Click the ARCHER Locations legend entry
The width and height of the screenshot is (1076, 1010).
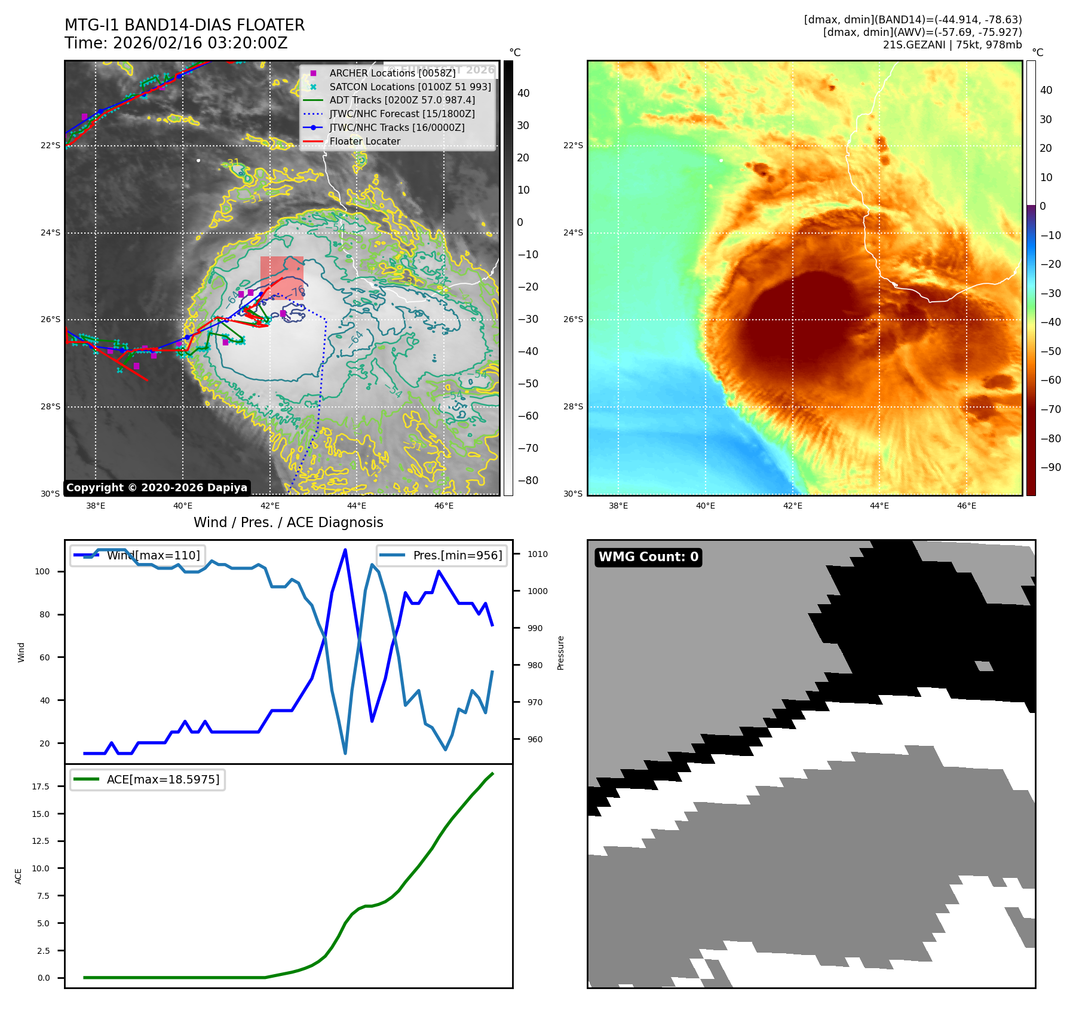392,73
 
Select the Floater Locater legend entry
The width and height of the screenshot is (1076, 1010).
364,141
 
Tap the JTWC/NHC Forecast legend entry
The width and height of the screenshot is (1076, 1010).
402,114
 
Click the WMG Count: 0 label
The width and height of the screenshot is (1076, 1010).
648,557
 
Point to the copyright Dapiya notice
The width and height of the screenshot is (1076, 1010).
157,488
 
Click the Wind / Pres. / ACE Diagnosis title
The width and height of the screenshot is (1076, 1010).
288,522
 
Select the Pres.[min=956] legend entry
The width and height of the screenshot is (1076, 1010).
457,555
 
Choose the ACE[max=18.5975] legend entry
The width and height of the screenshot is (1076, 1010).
163,779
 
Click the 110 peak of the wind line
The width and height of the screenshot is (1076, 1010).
345,550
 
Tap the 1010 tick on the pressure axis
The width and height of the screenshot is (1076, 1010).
537,554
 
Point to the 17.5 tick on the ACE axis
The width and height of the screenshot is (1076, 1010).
41,786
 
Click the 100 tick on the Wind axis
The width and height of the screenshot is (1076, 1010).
42,571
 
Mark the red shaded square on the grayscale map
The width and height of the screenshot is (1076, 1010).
281,277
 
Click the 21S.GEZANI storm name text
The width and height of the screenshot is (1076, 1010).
915,45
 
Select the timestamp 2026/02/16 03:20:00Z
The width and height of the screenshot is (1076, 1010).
200,43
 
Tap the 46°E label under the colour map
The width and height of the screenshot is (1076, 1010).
966,506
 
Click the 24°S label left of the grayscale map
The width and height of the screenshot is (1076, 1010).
50,232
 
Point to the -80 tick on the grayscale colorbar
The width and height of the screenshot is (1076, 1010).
528,480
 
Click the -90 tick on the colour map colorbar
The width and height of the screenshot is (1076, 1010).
1050,467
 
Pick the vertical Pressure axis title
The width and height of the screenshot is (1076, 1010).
560,653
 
